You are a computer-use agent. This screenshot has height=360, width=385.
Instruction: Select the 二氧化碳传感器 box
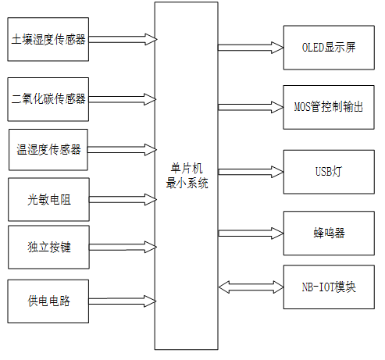tap(48, 98)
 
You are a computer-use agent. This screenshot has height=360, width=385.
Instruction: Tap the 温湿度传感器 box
tap(49, 148)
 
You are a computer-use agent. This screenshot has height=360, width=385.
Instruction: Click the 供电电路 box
tap(48, 300)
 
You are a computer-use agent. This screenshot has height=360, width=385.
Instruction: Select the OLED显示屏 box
tap(327, 46)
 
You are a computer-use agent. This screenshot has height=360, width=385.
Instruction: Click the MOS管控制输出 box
tap(327, 106)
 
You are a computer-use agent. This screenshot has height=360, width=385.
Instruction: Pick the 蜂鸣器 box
tap(327, 233)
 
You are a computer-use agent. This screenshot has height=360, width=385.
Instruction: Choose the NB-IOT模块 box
tap(327, 286)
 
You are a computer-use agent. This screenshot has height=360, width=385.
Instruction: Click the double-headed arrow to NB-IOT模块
tap(250, 287)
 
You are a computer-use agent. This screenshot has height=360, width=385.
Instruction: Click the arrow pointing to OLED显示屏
tap(250, 47)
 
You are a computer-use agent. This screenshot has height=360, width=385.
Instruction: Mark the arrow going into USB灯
tap(250, 169)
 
